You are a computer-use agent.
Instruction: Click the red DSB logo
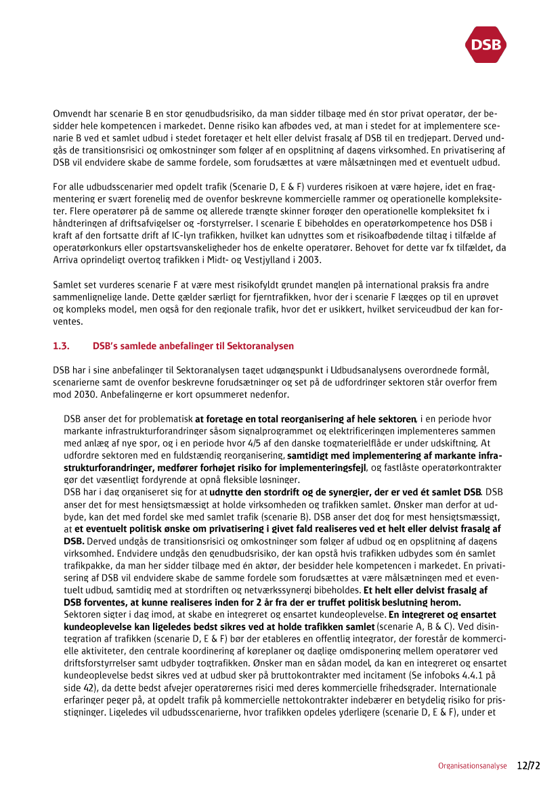click(x=486, y=45)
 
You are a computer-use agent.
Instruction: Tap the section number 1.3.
click(x=61, y=346)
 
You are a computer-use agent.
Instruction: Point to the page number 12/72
click(x=529, y=766)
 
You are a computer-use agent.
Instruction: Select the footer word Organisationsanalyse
click(x=472, y=766)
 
